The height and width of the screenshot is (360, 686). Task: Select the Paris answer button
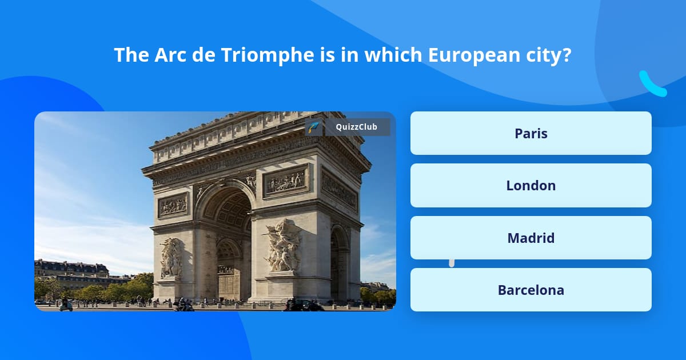pos(531,133)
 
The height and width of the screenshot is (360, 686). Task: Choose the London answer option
pos(531,186)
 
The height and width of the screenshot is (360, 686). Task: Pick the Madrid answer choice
pos(531,238)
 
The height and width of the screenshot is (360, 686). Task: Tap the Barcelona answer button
pos(531,290)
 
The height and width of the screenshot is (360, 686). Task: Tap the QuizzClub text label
pos(357,127)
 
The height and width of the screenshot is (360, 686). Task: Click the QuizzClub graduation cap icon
pos(313,127)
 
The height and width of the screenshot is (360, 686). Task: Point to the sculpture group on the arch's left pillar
pos(171,257)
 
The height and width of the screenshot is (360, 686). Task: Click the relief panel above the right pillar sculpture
pos(286,181)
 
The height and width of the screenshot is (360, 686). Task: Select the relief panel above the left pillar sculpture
pos(173,205)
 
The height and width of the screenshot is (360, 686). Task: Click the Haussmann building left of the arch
pos(71,271)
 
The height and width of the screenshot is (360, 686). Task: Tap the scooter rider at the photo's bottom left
pos(66,305)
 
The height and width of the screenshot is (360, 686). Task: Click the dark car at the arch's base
pos(303,305)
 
